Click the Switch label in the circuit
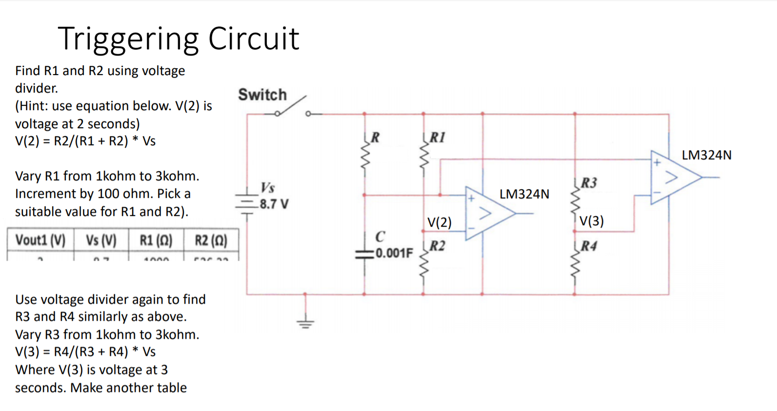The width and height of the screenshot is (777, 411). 262,95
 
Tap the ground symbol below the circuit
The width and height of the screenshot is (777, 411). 305,322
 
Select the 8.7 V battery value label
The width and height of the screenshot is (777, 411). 274,204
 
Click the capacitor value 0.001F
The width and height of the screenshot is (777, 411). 394,253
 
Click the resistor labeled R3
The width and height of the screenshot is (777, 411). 575,197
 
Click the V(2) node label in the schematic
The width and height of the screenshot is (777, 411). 439,222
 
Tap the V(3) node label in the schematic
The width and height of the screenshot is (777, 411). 591,221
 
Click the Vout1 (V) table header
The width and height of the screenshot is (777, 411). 40,240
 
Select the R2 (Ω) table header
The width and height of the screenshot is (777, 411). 211,240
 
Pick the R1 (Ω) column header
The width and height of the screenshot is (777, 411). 156,240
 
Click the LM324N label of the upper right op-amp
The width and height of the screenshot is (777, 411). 706,155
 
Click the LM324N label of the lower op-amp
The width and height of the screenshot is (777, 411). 524,194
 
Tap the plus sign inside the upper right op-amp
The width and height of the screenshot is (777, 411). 657,162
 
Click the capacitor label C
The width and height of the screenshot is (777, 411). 380,236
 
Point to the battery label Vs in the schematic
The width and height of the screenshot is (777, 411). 267,188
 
